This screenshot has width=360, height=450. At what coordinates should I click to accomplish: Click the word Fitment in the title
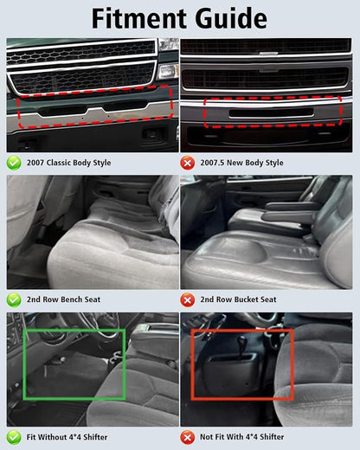(138, 18)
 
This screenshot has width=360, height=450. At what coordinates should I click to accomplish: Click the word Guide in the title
(231, 18)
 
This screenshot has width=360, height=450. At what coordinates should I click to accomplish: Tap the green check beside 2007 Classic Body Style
(14, 163)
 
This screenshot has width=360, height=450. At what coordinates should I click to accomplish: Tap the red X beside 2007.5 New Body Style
(188, 164)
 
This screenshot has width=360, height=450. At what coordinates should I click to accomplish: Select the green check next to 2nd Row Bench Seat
(14, 300)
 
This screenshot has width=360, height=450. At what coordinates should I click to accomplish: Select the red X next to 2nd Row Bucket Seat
(188, 300)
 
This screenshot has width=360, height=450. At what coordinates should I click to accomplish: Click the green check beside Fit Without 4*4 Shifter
(14, 437)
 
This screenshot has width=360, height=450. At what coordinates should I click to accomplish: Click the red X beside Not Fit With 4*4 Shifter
(188, 438)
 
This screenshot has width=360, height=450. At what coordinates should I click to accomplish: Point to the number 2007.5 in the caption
(212, 163)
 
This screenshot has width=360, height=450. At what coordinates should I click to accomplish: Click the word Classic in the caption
(59, 163)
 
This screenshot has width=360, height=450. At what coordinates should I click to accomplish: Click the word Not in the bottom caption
(206, 437)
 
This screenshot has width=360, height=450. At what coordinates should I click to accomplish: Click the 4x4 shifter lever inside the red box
(241, 345)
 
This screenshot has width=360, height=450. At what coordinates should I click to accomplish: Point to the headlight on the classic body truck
(168, 71)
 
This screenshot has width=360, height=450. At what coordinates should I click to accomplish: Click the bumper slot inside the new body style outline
(272, 112)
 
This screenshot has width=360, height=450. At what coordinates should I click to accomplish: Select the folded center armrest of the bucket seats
(291, 213)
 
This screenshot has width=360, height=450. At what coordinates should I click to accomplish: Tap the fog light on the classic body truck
(151, 133)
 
